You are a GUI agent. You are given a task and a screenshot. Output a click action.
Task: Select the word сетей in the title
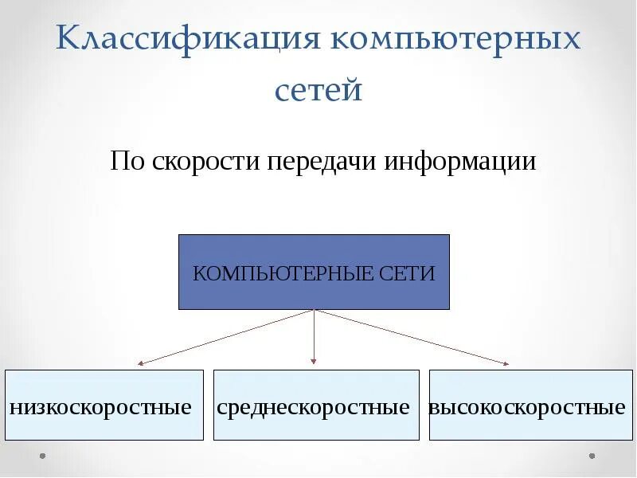pyautogui.click(x=318, y=90)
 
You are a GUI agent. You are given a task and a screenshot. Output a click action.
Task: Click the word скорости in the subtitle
pyautogui.click(x=202, y=163)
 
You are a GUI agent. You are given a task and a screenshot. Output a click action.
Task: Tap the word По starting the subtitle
pyautogui.click(x=125, y=163)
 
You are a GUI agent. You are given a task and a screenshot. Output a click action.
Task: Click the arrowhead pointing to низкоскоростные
pyautogui.click(x=140, y=363)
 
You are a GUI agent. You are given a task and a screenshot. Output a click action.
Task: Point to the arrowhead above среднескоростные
pyautogui.click(x=314, y=362)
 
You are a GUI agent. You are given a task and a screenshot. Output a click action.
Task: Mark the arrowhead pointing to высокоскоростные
pyautogui.click(x=505, y=363)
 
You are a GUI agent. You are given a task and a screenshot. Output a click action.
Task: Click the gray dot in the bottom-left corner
pyautogui.click(x=42, y=456)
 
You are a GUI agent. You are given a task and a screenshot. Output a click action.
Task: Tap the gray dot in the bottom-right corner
pyautogui.click(x=591, y=456)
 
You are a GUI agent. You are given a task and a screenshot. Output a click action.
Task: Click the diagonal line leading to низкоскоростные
pyautogui.click(x=227, y=336)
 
